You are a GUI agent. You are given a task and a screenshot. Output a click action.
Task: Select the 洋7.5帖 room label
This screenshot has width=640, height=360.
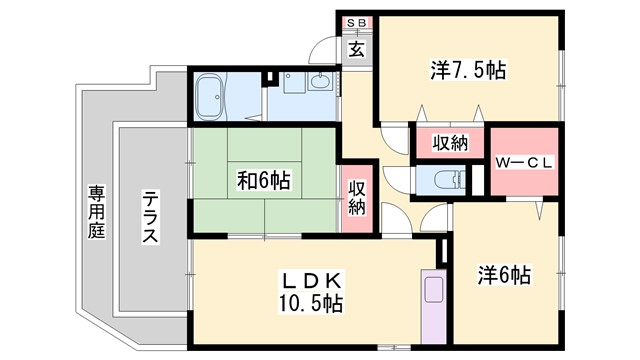click(467, 70)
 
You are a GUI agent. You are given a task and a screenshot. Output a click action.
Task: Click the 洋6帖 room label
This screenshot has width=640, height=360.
click(502, 274)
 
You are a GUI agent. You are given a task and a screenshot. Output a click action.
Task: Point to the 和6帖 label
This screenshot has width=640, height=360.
click(263, 181)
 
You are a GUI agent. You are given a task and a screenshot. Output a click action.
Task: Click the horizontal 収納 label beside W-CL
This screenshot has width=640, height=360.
click(450, 142)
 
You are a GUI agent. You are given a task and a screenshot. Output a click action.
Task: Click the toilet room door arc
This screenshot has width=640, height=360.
click(397, 179)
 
